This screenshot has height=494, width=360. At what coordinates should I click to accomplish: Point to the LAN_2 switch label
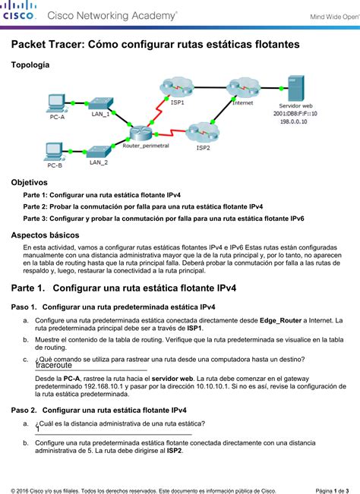click(98, 162)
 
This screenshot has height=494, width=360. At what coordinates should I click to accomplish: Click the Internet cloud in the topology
click(243, 87)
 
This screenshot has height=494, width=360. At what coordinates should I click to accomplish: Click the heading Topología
click(30, 66)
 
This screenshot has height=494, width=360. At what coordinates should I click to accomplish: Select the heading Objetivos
click(29, 183)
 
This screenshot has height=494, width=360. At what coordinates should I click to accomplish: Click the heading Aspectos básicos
click(45, 235)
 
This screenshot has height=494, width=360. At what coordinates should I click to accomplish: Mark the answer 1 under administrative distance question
click(37, 429)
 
